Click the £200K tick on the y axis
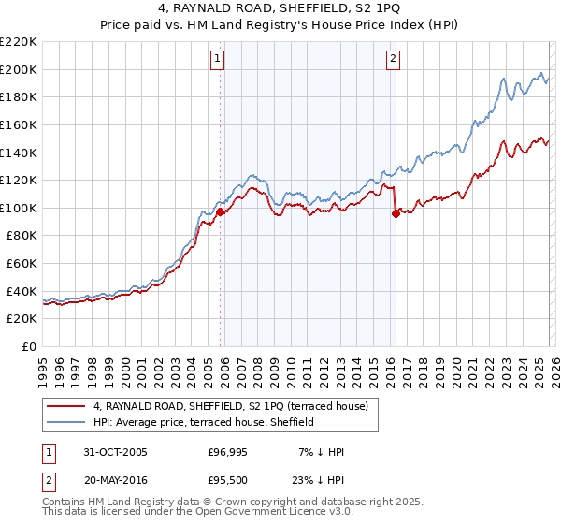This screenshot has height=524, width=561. tap(19, 69)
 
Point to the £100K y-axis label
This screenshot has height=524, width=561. tap(19, 208)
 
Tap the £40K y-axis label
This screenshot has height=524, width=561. tap(22, 291)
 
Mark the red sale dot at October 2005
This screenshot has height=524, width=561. tap(221, 212)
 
